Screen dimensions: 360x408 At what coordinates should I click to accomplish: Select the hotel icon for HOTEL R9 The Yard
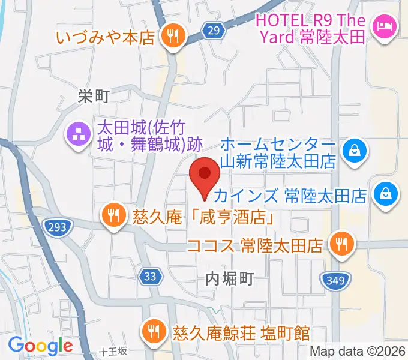[382, 26]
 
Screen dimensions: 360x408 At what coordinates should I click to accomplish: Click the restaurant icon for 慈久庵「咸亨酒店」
[112, 215]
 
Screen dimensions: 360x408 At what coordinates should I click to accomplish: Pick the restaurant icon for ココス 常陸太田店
[341, 244]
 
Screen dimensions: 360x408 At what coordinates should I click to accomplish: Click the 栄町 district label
[94, 95]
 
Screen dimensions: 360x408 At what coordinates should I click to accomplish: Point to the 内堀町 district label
[230, 278]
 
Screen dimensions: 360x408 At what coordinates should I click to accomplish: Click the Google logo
[40, 346]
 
